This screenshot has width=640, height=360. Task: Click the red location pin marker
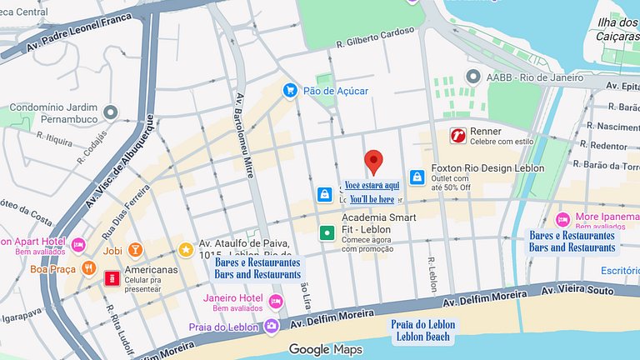point(374,161)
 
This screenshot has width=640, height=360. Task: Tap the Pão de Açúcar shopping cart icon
point(290,90)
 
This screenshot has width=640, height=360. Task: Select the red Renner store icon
point(457,135)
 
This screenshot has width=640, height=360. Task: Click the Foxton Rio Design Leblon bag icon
point(417,177)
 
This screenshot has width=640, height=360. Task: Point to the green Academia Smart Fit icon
point(327,232)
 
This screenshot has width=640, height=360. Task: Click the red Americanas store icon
point(111,277)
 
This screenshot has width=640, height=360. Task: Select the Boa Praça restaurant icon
point(88,268)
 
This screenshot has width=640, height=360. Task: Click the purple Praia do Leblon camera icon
point(270,327)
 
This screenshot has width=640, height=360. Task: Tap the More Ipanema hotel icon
point(562,219)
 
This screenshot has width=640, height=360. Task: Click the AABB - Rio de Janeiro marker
point(473,77)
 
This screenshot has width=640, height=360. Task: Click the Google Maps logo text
point(321,349)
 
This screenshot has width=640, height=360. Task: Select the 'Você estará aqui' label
point(372,185)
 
